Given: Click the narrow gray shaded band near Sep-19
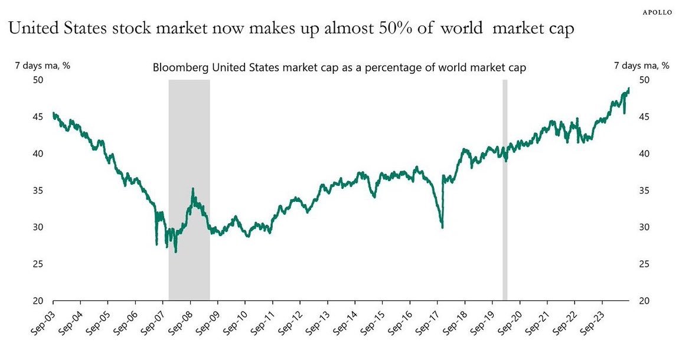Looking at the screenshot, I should [505, 189].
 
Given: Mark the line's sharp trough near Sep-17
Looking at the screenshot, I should [442, 227].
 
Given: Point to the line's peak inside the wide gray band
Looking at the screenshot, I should [192, 189].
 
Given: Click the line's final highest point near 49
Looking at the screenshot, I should [629, 88].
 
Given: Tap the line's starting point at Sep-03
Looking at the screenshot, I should [54, 113].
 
